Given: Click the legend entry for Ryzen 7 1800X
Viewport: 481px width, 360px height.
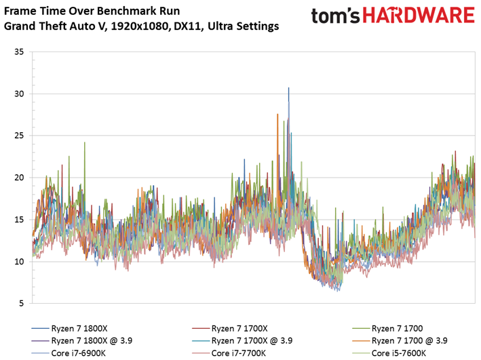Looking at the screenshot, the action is click(69, 328).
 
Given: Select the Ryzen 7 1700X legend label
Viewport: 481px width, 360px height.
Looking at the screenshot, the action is click(230, 328).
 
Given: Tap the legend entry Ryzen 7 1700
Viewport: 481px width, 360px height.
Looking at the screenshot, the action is click(387, 328).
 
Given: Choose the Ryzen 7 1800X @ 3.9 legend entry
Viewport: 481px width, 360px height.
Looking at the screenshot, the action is click(82, 341).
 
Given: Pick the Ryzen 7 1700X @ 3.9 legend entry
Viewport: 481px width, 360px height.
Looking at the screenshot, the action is click(242, 341).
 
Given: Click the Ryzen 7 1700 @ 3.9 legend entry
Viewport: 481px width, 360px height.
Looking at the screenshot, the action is click(400, 341).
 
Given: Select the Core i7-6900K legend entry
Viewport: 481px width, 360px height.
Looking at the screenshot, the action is click(69, 353).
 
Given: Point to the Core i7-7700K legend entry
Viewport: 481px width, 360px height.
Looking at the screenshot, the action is click(229, 353).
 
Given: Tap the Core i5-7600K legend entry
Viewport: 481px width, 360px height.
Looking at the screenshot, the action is click(389, 353).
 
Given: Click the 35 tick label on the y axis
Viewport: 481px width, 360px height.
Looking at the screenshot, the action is click(19, 52).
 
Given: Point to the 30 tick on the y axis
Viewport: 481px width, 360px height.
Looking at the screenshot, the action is click(19, 94).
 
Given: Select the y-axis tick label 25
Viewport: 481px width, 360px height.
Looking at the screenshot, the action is click(19, 136).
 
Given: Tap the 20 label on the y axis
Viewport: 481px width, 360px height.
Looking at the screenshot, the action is click(19, 178).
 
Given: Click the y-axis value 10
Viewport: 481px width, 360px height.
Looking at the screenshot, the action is click(19, 262).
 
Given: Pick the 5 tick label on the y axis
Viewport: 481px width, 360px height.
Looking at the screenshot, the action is click(21, 304).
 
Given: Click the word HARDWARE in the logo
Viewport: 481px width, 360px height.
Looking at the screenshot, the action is click(419, 16).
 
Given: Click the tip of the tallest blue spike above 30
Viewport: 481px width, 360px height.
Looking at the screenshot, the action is click(288, 87).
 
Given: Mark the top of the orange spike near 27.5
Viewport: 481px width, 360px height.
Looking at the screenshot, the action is click(277, 114).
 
